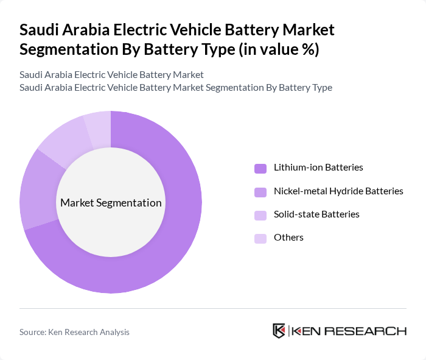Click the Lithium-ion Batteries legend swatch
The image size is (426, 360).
pos(260,168)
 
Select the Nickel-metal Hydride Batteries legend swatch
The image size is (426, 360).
pos(260,192)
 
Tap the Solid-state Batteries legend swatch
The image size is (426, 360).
pos(260,215)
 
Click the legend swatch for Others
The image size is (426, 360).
pos(260,238)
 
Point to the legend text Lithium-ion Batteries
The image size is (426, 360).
pos(318,167)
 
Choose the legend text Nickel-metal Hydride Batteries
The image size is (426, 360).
pos(338,191)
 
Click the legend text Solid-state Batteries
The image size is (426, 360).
pos(316,214)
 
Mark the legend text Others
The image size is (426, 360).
pos(288,237)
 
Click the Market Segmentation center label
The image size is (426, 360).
pos(111,203)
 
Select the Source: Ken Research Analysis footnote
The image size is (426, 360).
pos(74,332)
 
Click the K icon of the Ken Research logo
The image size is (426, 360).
pos(279,331)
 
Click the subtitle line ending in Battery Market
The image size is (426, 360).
pos(111,75)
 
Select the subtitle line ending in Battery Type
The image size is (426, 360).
pos(176,87)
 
